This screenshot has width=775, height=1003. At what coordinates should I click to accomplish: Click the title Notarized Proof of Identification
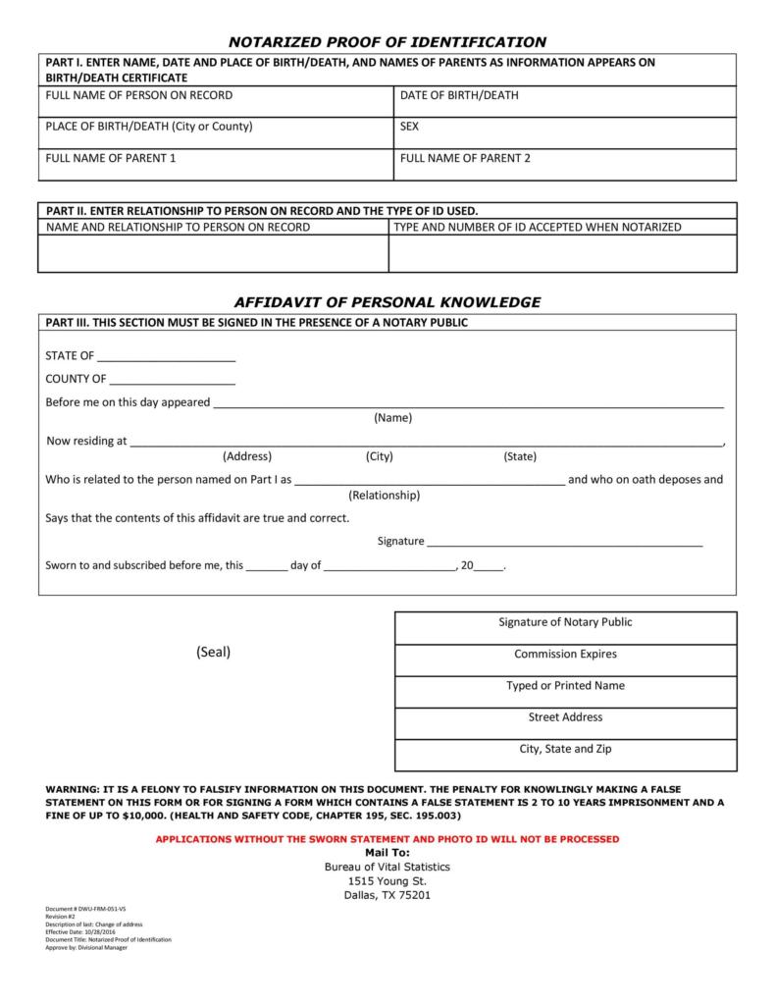coord(387,41)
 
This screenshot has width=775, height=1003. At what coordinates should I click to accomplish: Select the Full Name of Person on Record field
coord(216,102)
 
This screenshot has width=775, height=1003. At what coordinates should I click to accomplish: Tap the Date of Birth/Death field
coord(564,102)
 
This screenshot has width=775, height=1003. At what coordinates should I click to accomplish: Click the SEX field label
coord(410,127)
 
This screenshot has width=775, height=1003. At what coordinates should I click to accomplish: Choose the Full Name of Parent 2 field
coord(564,165)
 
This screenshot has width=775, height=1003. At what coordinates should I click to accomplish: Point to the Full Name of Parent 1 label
coord(111,158)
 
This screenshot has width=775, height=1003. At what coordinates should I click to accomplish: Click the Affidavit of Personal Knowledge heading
coord(387,302)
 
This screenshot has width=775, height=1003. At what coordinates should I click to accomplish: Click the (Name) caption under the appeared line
coord(392,418)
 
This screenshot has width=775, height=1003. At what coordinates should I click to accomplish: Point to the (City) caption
coord(379,456)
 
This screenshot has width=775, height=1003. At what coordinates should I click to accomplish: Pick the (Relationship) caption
coord(384,496)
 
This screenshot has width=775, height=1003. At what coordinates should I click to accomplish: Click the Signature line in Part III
coord(564,543)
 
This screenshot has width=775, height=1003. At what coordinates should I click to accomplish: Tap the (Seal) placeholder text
coord(213,653)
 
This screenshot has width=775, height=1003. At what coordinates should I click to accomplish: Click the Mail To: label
coord(387,853)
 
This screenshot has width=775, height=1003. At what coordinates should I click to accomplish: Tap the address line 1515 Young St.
coord(387,881)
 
